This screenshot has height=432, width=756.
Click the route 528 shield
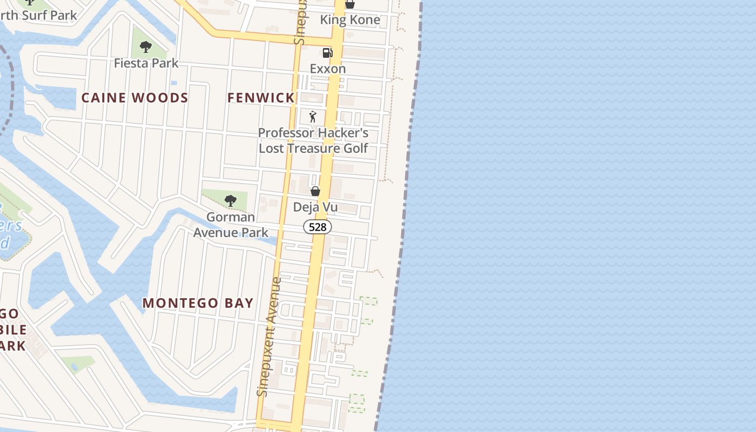[318, 227]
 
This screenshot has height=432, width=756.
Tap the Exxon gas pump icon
[327, 52]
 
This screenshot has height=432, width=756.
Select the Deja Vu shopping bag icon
[315, 191]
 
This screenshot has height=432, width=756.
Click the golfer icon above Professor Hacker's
[313, 116]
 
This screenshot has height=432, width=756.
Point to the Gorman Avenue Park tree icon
[231, 201]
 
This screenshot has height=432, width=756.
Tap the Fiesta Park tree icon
[145, 47]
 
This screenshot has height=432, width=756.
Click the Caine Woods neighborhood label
[134, 98]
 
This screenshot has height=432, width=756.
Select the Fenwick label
[261, 98]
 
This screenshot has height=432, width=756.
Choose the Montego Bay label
[198, 303]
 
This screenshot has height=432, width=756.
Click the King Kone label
[350, 20]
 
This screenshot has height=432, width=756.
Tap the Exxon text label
[328, 69]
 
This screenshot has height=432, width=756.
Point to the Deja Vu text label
[315, 207]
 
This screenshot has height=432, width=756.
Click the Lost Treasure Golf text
[313, 148]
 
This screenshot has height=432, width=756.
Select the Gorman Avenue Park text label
[231, 225]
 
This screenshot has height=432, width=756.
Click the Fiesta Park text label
[146, 63]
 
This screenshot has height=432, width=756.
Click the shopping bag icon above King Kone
[350, 4]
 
